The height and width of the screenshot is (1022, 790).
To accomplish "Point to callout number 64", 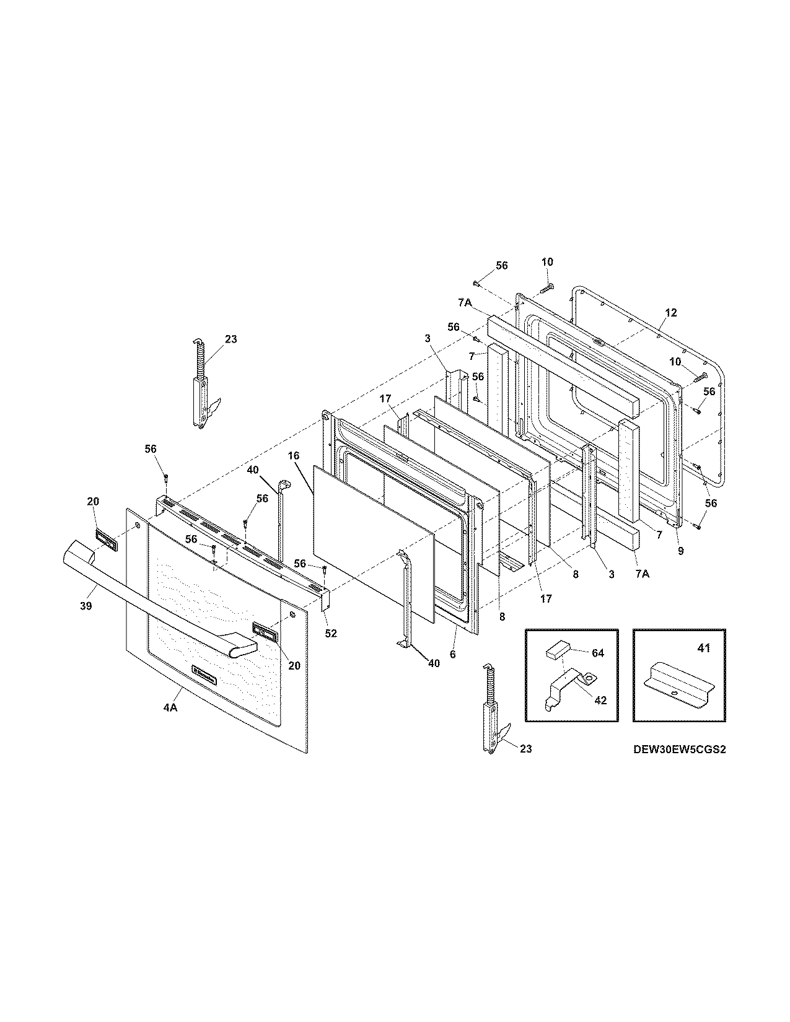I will point(598,653).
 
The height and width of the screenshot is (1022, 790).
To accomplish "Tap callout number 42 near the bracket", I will point(600,701).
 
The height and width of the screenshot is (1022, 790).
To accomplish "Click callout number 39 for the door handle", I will point(86,606).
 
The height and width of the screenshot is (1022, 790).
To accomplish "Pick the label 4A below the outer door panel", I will point(170,708).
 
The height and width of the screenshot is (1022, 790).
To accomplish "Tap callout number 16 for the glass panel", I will point(293,456).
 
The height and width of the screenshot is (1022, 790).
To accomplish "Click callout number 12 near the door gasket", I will point(671,312).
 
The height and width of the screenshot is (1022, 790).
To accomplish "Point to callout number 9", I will point(680,551).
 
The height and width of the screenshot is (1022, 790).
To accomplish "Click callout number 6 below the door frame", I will point(453,654).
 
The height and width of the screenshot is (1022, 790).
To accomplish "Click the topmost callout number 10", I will point(547,262).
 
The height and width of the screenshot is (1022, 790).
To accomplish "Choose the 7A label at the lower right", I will point(642,574).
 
